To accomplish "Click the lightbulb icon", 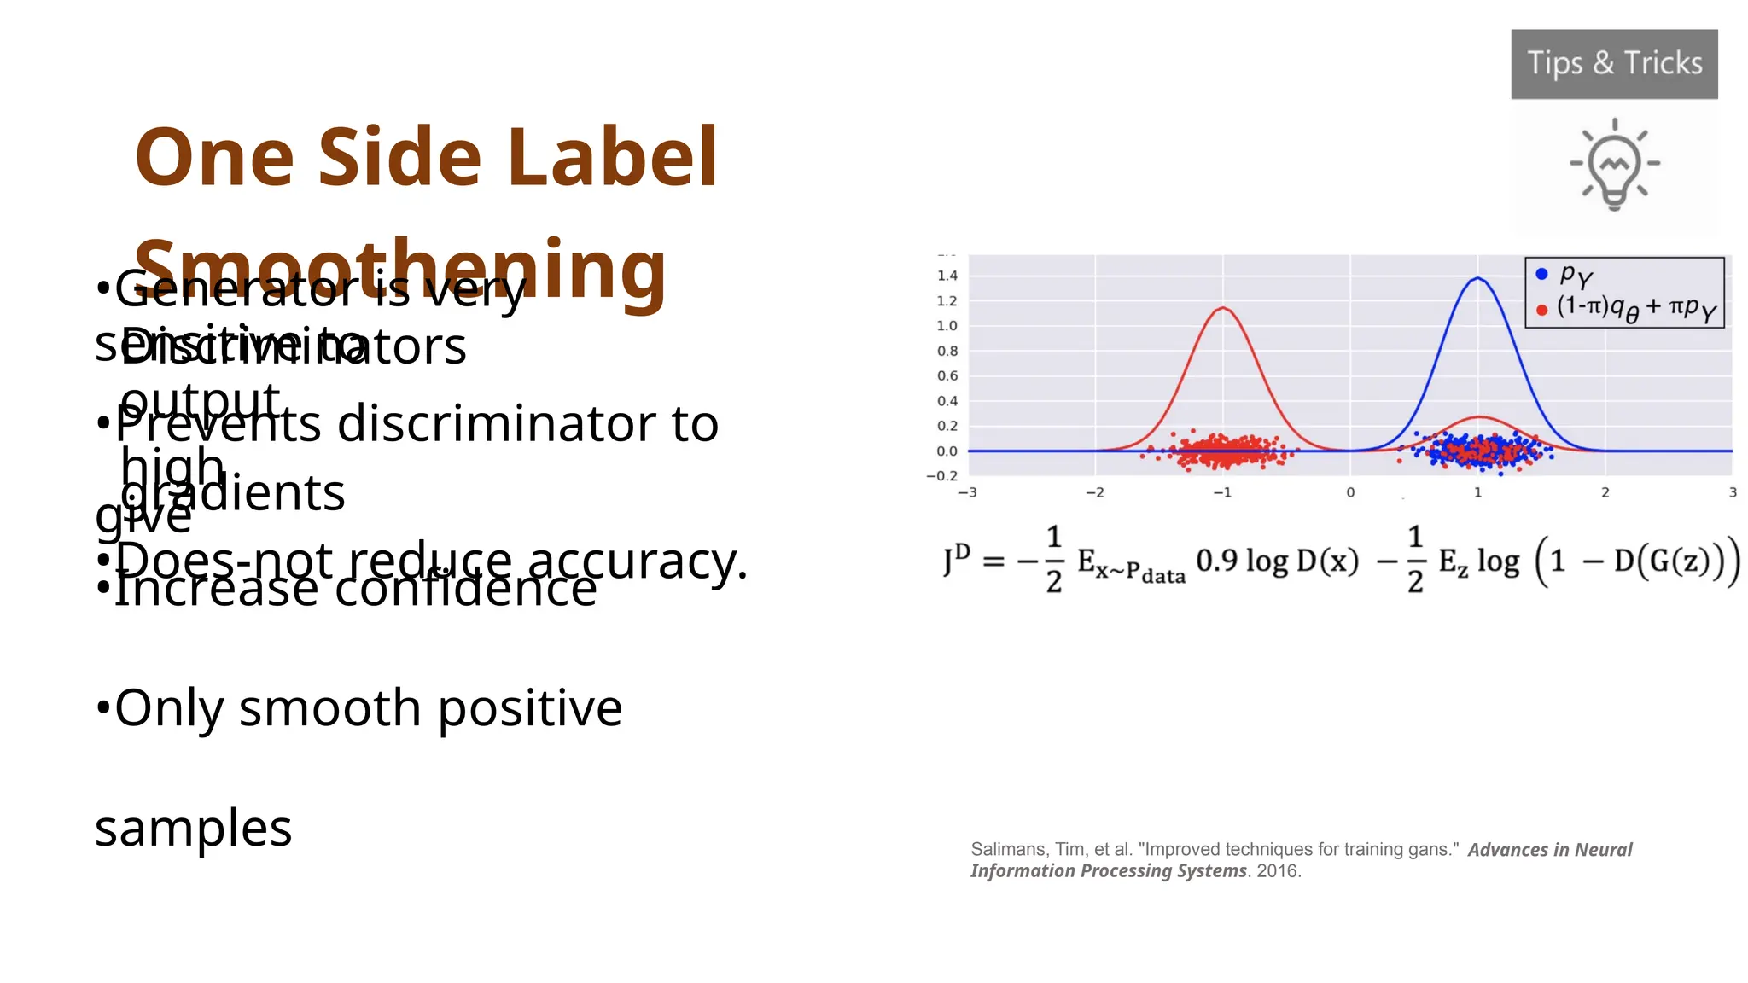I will [x=1614, y=165].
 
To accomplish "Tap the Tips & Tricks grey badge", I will [x=1614, y=64].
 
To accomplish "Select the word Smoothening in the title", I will [x=400, y=270].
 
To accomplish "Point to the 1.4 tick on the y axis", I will [x=947, y=276].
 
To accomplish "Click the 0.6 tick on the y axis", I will [x=947, y=375].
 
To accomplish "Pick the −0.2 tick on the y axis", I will [x=942, y=476].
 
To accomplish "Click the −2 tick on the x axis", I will [x=1094, y=492].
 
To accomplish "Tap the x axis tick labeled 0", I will [x=1350, y=492].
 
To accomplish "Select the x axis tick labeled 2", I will [x=1605, y=492].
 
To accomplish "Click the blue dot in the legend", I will [x=1541, y=274].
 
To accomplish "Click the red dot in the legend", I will [x=1541, y=310].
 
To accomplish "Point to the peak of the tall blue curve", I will [x=1478, y=278].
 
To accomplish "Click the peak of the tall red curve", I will [x=1223, y=308].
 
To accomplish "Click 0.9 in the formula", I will [x=1217, y=561].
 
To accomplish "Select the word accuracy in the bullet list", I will [x=636, y=562].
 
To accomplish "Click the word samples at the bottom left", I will [x=194, y=828].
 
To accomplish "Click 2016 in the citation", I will [x=1277, y=871].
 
